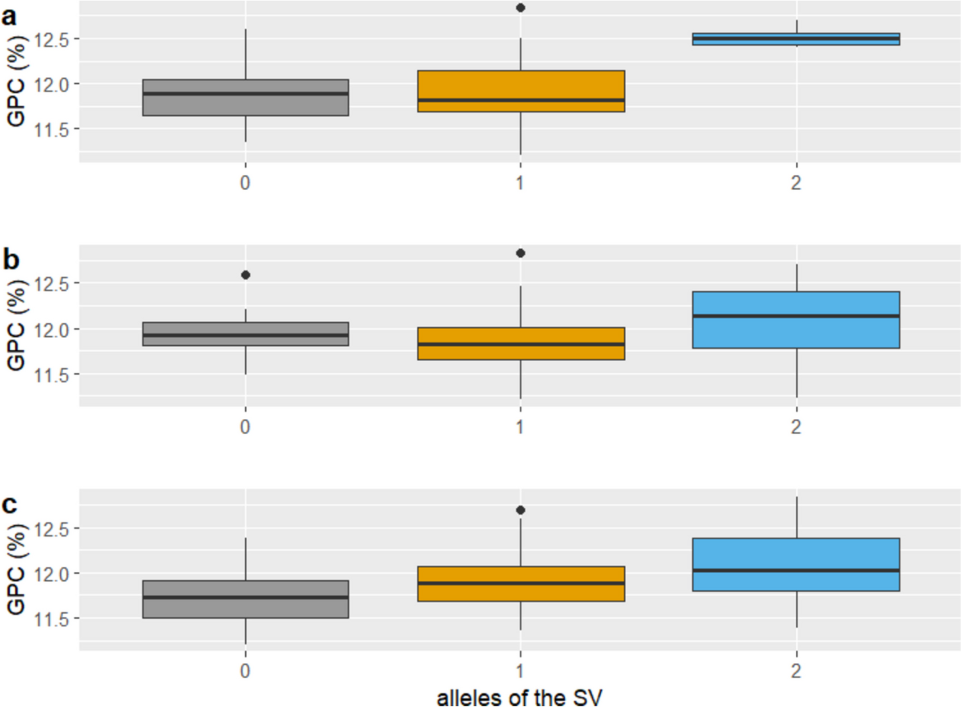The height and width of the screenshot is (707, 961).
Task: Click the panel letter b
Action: tap(11, 259)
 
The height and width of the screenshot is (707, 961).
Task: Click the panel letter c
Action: tap(10, 505)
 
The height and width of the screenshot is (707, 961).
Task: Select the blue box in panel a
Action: tap(796, 39)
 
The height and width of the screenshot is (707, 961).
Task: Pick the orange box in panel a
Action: tap(521, 91)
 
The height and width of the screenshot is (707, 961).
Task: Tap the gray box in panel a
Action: tap(245, 97)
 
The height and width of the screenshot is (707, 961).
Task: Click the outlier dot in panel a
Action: tap(521, 8)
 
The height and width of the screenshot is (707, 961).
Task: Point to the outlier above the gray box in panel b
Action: tap(245, 275)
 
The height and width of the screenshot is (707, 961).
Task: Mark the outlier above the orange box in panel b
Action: tap(521, 253)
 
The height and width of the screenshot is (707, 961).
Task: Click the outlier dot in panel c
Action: tap(521, 510)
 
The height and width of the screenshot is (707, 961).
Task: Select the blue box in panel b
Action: tap(796, 320)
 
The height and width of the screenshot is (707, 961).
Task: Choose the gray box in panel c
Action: tap(245, 599)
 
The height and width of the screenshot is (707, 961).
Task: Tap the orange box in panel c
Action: tap(521, 583)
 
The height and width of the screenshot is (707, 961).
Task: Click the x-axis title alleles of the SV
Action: tap(519, 697)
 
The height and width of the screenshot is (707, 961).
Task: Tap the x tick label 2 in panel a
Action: tap(796, 183)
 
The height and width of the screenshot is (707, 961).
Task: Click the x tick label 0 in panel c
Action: tap(245, 671)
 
